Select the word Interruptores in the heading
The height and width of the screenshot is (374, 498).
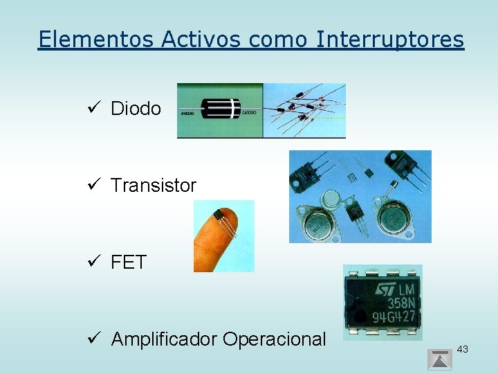tap(390, 39)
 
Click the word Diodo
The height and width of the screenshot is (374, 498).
tap(136, 109)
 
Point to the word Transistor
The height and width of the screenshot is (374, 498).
tap(154, 186)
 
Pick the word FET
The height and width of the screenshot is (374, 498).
tap(129, 262)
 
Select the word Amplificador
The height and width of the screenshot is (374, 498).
tap(163, 339)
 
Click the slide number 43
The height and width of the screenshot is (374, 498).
tap(463, 349)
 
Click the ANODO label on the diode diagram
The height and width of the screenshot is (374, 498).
tap(187, 112)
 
